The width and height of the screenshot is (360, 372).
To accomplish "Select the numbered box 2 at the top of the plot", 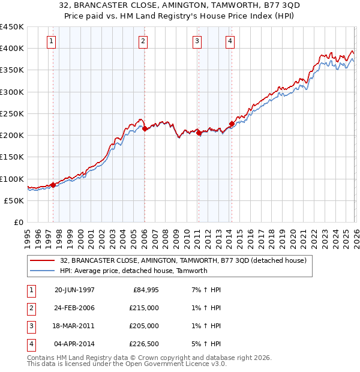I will click(143, 41).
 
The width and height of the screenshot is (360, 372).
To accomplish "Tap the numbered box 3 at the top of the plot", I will click(197, 41).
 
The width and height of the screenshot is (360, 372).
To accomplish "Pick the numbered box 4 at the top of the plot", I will click(230, 41).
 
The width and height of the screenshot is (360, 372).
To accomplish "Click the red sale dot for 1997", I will click(53, 185).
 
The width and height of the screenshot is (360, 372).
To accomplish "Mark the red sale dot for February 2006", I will click(145, 128).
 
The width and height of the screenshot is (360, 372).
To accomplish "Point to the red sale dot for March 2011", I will click(199, 133).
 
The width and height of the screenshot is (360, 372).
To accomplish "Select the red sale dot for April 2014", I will click(231, 124).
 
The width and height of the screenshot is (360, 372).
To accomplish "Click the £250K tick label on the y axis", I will click(12, 113).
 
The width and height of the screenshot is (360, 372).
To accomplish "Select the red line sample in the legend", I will click(42, 260).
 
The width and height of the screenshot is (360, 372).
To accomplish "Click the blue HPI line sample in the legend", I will click(42, 271).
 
